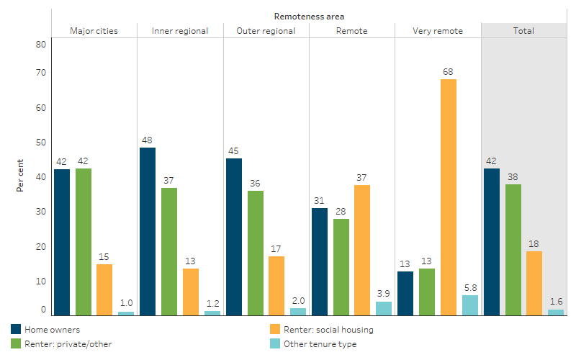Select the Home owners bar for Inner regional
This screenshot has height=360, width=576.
coord(148,231)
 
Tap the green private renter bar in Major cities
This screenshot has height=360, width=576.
coord(83,242)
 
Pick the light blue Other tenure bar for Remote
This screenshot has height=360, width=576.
coord(384,308)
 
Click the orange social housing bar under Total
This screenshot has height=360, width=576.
coord(534,283)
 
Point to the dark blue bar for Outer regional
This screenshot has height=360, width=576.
coord(234,237)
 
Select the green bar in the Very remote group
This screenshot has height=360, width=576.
coord(427,292)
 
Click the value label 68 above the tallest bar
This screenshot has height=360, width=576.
coord(449,71)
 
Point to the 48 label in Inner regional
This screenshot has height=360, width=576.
coord(148,140)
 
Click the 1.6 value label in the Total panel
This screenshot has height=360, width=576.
coord(555,302)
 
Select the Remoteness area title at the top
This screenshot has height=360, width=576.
coord(309,15)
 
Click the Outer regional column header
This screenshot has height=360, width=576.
coord(266,31)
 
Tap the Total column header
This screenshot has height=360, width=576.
coord(523,31)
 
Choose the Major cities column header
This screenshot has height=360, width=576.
coord(94,31)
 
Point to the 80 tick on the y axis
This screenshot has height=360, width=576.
coord(40,44)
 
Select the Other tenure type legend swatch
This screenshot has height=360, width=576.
coord(274,343)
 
